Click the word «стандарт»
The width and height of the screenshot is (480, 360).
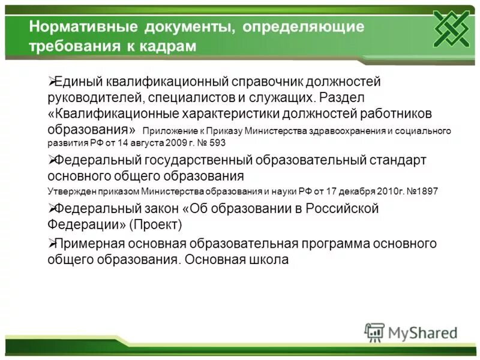[398, 160]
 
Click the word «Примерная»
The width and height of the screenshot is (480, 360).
[91, 244]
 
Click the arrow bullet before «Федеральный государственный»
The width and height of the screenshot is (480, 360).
[51, 160]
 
